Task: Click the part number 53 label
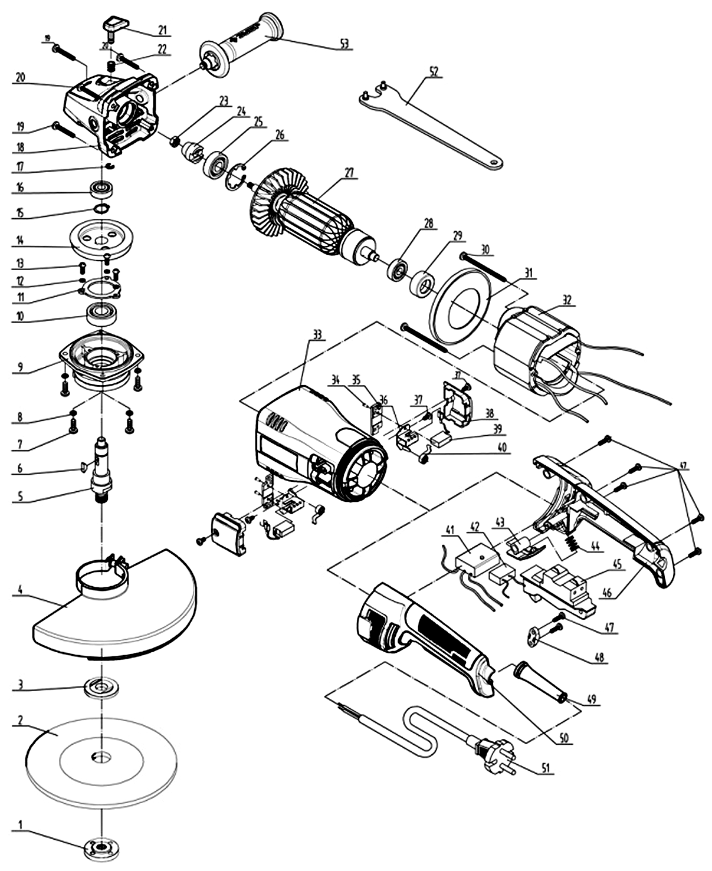click(344, 43)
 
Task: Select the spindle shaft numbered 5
click(102, 472)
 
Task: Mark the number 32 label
click(567, 299)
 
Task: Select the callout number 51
click(546, 768)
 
